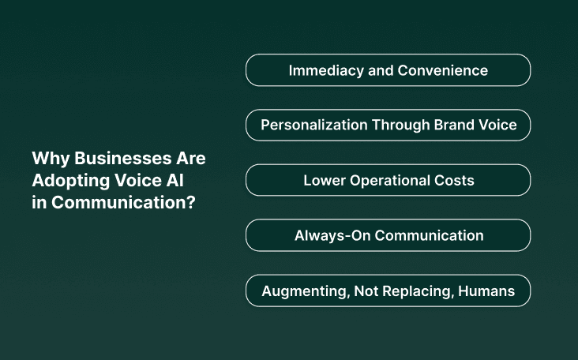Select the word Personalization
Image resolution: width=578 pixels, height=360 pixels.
pyautogui.click(x=310, y=126)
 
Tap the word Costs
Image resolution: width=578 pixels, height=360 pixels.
pyautogui.click(x=453, y=181)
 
